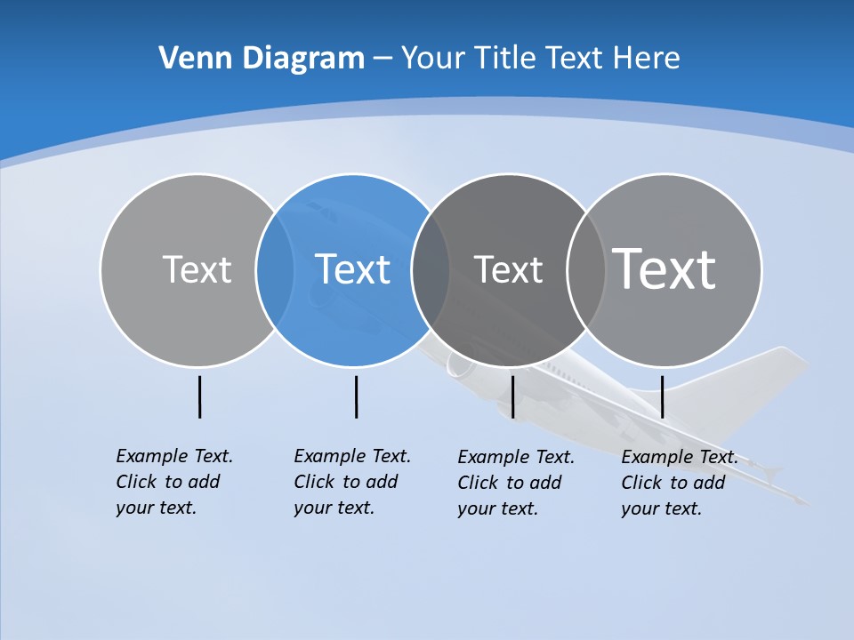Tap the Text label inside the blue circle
pos(352,269)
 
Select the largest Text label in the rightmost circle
pos(665,268)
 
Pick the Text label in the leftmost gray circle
pos(197,269)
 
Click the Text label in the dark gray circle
pos(508,269)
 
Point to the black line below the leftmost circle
pos(199,396)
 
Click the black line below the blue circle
pos(356,396)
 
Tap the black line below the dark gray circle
pos(512,396)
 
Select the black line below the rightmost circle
pos(662,396)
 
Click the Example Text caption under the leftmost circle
pos(173,481)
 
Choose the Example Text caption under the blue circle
pos(351,481)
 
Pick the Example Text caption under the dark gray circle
pos(515,482)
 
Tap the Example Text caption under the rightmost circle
pos(679,482)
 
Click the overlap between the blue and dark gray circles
pos(431,269)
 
